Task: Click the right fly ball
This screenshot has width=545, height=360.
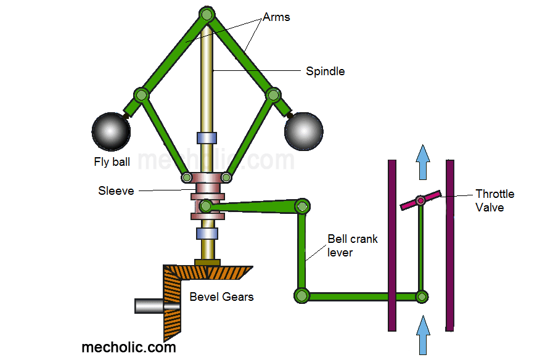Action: point(303,131)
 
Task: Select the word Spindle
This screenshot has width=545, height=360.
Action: point(325,72)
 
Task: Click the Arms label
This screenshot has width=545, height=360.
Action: point(276,17)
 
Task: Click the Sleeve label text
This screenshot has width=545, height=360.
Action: point(116,190)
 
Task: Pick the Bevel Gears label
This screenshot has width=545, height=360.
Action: point(221,297)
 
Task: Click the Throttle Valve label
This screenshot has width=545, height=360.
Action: point(494,200)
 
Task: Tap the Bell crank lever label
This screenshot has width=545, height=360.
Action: point(352,245)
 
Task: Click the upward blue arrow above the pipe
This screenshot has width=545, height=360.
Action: point(422,162)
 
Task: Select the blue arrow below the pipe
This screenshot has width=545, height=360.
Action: point(423,335)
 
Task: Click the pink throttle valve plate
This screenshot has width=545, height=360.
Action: point(420,200)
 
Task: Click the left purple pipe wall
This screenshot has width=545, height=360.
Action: point(391,245)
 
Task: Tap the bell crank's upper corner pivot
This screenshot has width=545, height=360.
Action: point(302,206)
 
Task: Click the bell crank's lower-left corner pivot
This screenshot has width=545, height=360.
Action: point(301,296)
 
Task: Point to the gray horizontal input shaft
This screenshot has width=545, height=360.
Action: point(149,305)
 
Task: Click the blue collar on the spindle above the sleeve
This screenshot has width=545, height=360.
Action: point(207,138)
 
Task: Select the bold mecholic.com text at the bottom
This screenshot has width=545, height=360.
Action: point(129,347)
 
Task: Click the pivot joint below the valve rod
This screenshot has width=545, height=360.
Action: point(421,297)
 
